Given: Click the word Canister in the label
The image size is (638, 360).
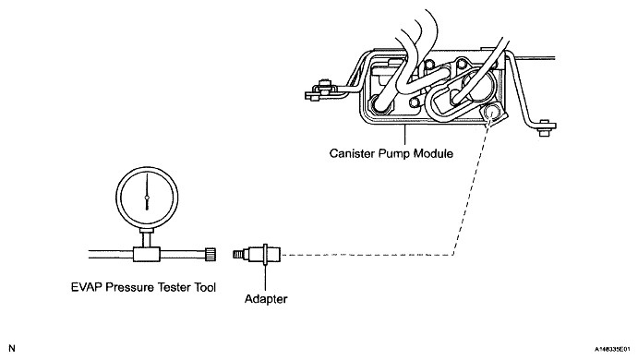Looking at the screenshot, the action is (353, 153).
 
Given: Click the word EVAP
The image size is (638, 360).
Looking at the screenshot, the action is (87, 287).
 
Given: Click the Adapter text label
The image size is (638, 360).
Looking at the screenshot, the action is (266, 299).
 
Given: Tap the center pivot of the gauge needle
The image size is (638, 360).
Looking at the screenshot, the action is (147, 198).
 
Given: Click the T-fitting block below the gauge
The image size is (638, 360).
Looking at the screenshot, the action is (147, 254).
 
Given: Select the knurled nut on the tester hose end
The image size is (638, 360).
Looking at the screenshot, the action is (211, 254).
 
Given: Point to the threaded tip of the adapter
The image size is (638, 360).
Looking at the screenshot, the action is (237, 255).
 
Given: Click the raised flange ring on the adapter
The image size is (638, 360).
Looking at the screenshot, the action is (265, 255).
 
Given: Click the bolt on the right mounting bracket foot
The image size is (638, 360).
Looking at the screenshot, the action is (544, 131).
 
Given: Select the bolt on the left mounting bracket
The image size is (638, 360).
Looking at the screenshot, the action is (324, 84).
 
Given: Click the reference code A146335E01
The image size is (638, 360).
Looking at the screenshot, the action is (613, 350).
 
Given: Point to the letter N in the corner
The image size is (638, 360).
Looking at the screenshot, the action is (12, 348).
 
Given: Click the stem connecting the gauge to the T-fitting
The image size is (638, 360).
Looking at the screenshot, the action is (147, 237).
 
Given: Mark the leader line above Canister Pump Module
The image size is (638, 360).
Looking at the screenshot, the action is (404, 136).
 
